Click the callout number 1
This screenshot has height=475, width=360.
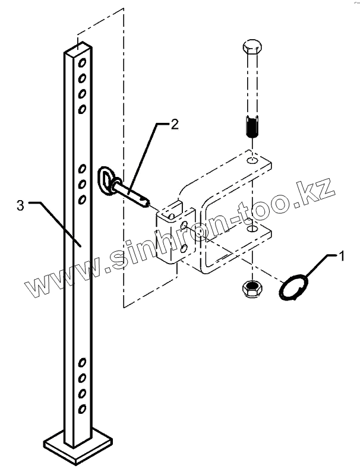[342, 256]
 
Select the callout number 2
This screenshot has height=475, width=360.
[174, 125]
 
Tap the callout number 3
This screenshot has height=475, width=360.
[20, 205]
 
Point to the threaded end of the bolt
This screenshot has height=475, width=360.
[252, 128]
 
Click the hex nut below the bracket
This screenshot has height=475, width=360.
[251, 288]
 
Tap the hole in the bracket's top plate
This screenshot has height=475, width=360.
[252, 161]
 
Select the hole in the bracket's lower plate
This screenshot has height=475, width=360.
[252, 229]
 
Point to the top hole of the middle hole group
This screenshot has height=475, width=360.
[83, 169]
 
